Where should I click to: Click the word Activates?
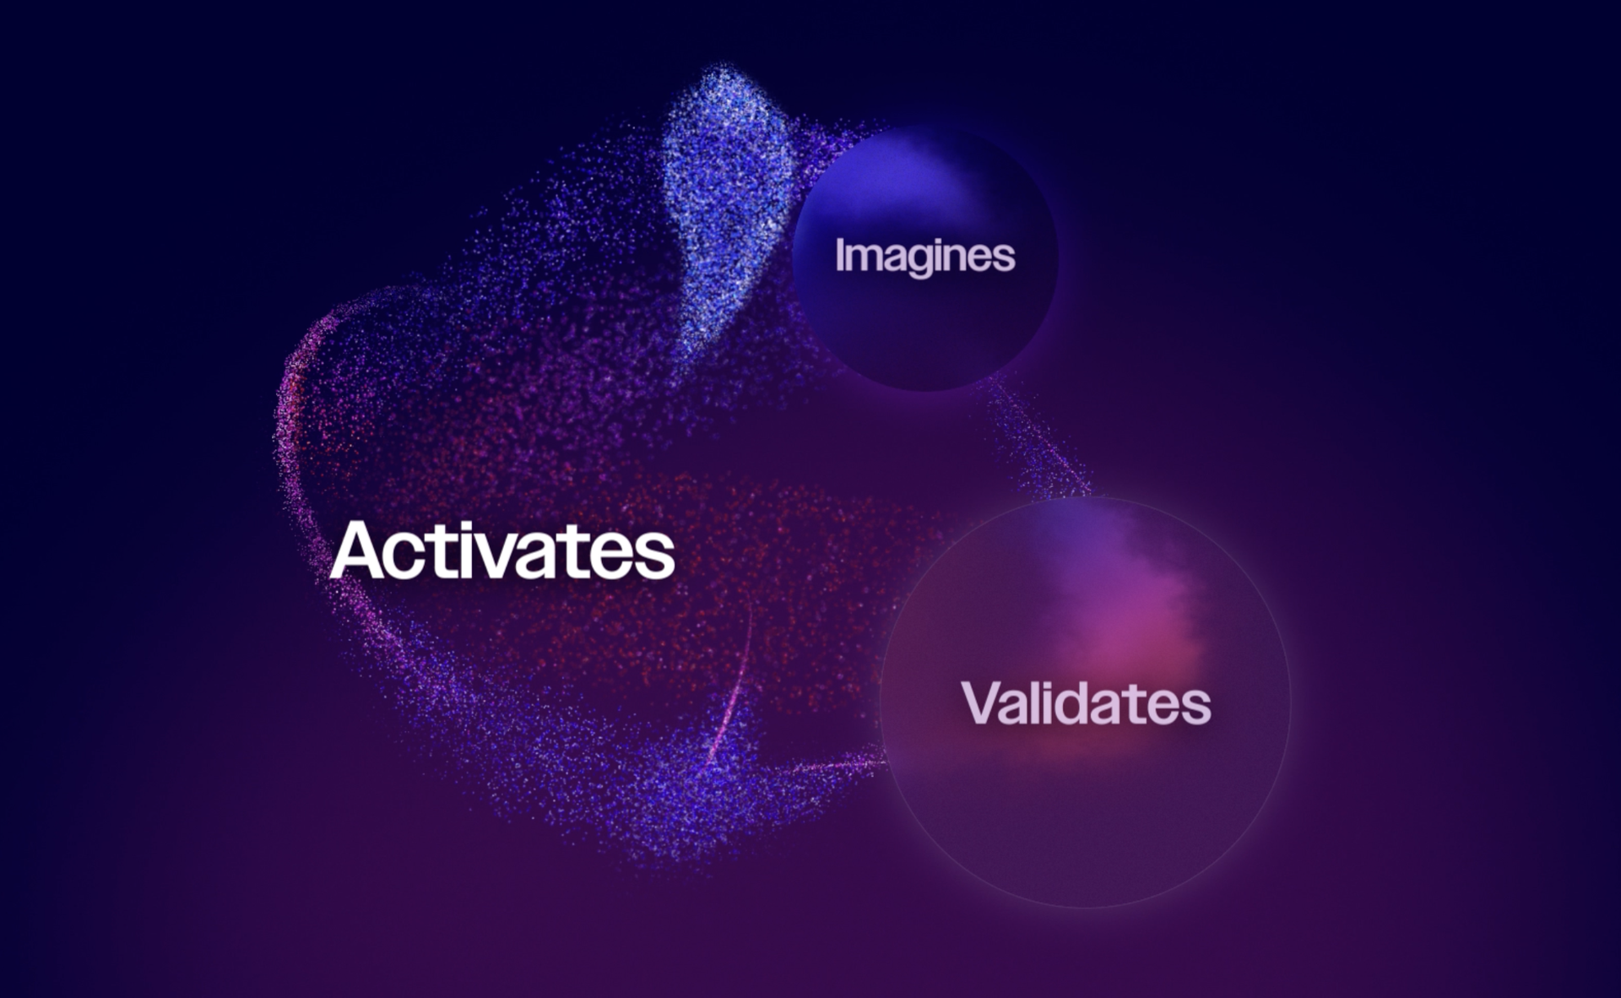(x=502, y=551)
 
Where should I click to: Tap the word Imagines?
(x=924, y=257)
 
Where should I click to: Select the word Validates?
(x=1086, y=702)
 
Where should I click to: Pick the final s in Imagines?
(x=1003, y=259)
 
